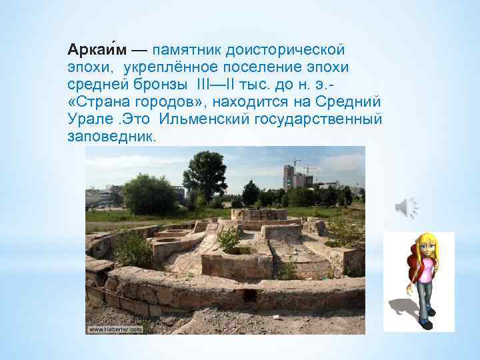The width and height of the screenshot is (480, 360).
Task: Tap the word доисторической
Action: coord(287,51)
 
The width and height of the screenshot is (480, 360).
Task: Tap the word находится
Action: coord(256,103)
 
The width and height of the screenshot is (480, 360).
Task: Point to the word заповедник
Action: coord(111,137)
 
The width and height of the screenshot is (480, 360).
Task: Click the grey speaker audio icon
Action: coord(406,209)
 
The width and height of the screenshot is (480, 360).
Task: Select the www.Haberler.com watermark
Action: coord(114,329)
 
